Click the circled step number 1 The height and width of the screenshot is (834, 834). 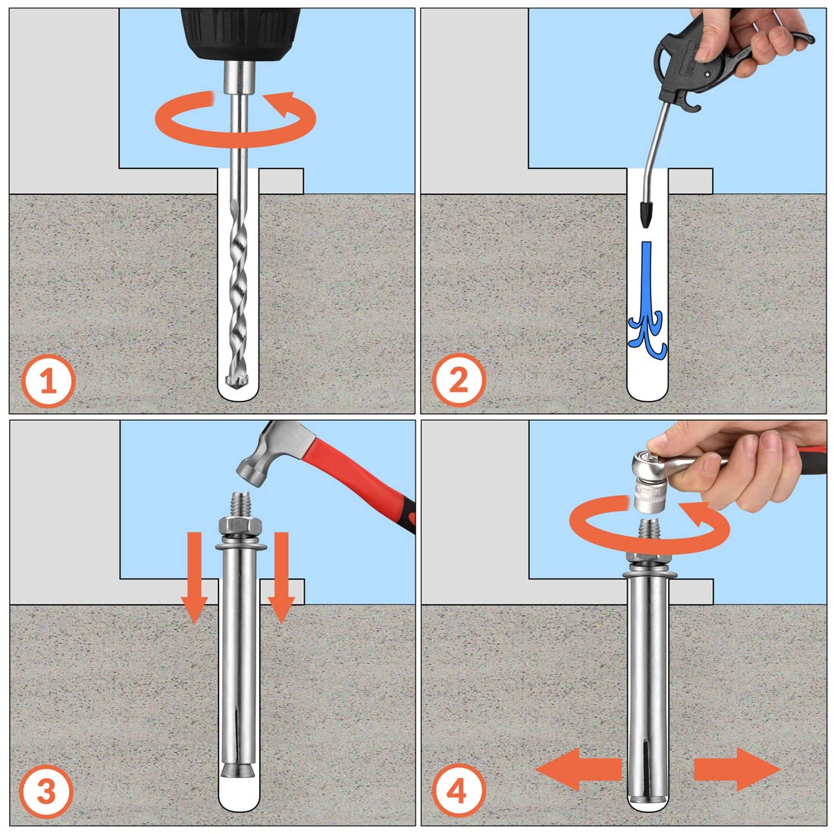(x=49, y=381)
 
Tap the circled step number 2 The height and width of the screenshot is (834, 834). (x=459, y=380)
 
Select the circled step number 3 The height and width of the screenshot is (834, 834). (x=46, y=792)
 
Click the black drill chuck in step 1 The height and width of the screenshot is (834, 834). (x=240, y=33)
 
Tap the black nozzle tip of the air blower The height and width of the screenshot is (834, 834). (x=646, y=214)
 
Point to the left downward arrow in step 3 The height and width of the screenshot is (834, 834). (x=195, y=578)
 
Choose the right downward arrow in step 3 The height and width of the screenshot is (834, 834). (x=281, y=578)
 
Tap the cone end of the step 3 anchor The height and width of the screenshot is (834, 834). (x=239, y=770)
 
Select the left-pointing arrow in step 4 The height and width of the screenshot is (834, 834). (x=578, y=769)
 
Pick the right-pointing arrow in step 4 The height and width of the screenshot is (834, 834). (x=737, y=769)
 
